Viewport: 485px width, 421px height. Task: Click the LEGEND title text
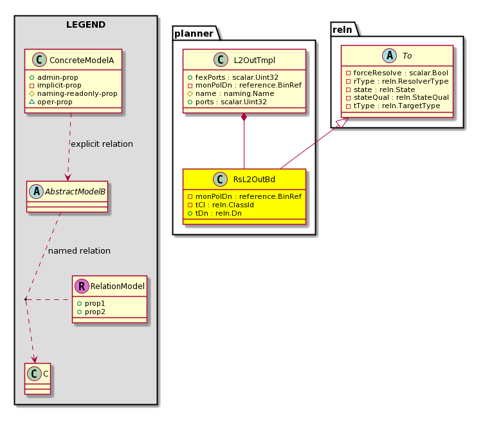coord(86,24)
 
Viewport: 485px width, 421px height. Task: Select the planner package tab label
coord(194,33)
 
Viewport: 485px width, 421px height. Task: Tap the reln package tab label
coord(342,30)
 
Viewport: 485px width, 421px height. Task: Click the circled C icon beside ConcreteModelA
coord(40,60)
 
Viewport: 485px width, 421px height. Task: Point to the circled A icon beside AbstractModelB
coord(37,192)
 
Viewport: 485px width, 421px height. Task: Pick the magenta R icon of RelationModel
coord(82,286)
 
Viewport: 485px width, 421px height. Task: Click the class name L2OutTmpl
coord(254,61)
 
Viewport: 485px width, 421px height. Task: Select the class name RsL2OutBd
coord(254,180)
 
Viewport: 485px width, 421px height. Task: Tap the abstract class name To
coord(407,56)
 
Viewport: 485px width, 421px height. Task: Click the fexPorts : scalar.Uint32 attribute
coord(237,77)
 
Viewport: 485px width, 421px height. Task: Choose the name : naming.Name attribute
coord(235,93)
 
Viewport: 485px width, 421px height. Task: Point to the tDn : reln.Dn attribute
coord(218,213)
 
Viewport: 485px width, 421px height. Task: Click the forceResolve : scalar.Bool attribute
coord(401,73)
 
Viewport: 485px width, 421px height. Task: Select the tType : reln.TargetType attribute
coord(396,106)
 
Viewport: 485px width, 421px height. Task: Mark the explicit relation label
coord(102,144)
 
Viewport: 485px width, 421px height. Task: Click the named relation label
coord(79,251)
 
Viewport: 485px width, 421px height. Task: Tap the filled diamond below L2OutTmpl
coord(244,117)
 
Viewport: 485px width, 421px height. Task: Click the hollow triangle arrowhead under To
coord(343,122)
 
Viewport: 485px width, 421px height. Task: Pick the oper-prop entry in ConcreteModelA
coord(55,102)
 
